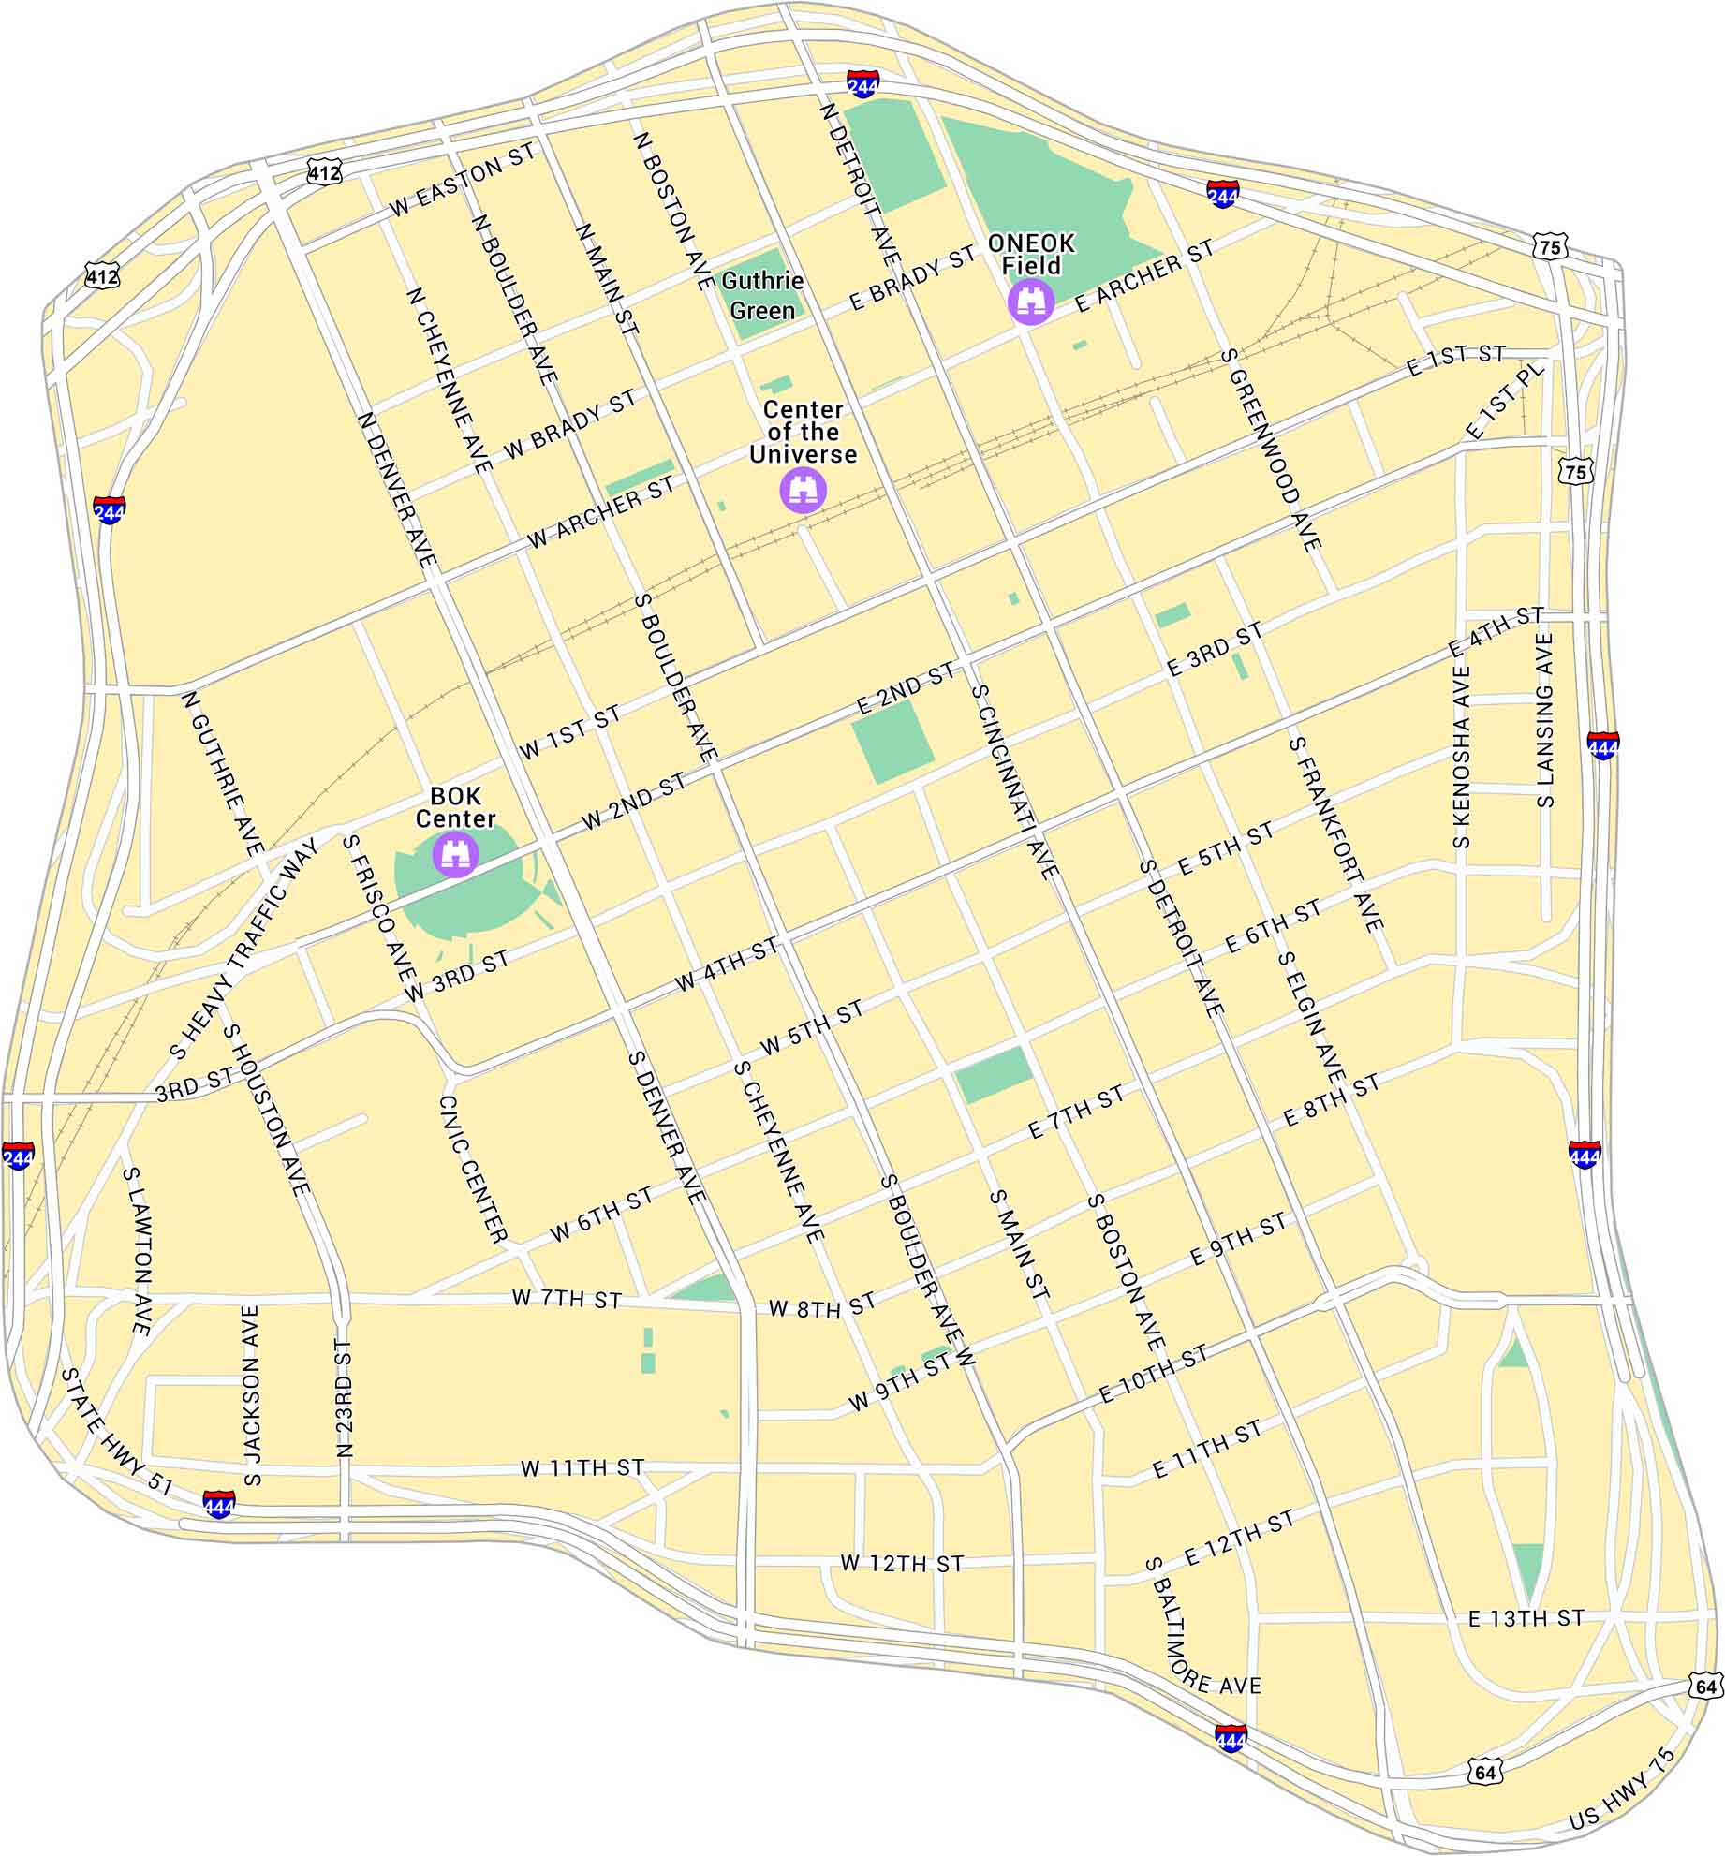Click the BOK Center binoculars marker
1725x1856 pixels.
point(456,853)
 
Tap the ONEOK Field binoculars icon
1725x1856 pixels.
point(1031,302)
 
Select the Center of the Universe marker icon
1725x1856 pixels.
point(804,489)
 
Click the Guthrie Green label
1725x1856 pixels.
point(762,295)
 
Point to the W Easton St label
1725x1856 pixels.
point(462,180)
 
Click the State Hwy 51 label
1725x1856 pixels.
point(117,1431)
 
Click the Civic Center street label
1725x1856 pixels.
point(473,1170)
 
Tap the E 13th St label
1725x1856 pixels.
point(1526,1618)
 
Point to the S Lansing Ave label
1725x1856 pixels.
point(1545,720)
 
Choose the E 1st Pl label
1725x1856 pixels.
point(1504,401)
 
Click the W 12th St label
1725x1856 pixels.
point(901,1563)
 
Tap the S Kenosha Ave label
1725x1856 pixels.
point(1461,757)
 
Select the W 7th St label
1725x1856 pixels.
point(567,1299)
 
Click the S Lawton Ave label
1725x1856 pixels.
point(138,1250)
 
